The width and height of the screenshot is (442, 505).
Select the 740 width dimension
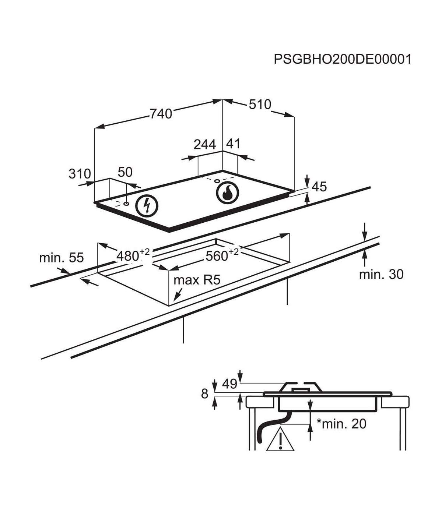tap(161, 114)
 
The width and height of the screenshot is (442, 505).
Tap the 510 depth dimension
tap(260, 105)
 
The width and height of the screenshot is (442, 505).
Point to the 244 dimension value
tap(205, 144)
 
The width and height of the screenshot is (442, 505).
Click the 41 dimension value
tap(233, 143)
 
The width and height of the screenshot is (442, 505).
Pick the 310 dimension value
tap(80, 173)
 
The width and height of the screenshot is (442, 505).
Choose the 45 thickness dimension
tap(319, 187)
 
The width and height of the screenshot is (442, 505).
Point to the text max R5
tap(197, 280)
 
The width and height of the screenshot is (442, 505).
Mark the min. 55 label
tap(62, 258)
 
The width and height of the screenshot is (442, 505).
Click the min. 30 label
tap(381, 274)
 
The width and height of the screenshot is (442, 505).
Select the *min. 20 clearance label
tap(341, 424)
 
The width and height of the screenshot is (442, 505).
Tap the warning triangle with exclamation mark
tap(281, 439)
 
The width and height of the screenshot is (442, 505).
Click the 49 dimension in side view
tap(230, 384)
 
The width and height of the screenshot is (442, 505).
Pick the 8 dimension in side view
tap(205, 394)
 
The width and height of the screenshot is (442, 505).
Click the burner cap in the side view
tap(301, 387)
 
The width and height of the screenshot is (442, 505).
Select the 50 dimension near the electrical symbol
tap(125, 172)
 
